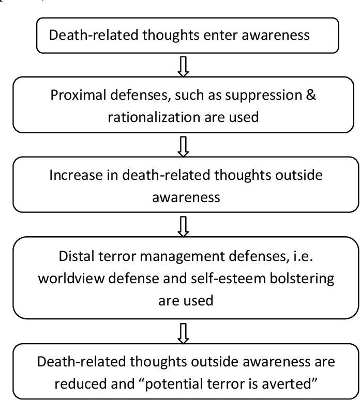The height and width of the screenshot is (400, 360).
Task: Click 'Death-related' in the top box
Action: click(x=81, y=36)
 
